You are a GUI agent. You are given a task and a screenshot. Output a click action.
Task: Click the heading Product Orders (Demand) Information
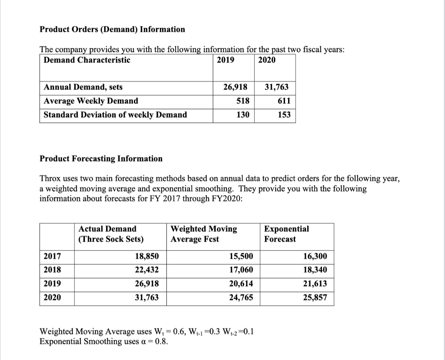112,30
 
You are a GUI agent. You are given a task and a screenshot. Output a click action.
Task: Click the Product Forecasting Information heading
101,159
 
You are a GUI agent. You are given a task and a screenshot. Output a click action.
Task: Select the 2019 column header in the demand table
225,60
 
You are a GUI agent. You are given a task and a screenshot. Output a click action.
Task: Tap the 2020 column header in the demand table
266,60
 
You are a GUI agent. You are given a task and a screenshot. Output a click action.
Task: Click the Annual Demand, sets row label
83,87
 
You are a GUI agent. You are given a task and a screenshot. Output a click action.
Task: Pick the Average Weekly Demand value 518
242,101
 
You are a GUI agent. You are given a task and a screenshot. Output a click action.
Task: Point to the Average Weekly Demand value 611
283,101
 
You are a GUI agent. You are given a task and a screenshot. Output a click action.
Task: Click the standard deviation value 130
242,115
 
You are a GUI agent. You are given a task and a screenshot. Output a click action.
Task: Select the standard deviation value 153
283,115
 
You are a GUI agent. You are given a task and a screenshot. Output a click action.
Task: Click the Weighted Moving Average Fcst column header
204,234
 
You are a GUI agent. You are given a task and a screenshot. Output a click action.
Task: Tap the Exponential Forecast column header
286,234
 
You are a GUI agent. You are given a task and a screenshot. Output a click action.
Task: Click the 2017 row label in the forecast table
53,256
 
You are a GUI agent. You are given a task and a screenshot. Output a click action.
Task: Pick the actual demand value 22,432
147,270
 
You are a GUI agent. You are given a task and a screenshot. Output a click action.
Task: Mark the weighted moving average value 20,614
241,284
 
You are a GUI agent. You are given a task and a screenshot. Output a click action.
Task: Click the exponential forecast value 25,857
315,298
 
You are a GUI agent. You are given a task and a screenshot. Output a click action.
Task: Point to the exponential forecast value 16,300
315,256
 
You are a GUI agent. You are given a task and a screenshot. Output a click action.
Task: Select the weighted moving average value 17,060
241,270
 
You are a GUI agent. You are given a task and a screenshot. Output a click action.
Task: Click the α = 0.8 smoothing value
156,341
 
